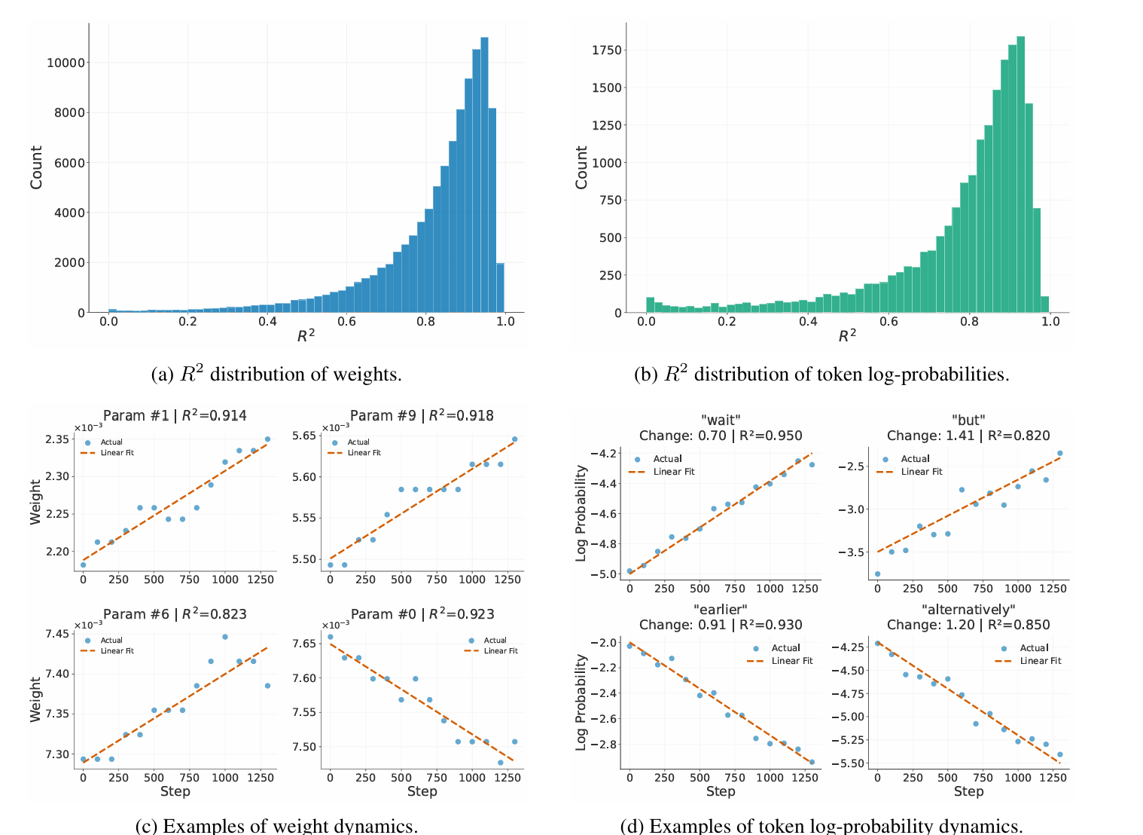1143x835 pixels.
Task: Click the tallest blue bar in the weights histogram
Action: (x=484, y=175)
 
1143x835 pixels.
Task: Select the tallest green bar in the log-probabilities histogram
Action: (x=1020, y=175)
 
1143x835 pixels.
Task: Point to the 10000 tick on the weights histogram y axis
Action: (x=66, y=63)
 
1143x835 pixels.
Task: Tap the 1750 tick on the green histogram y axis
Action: (x=606, y=50)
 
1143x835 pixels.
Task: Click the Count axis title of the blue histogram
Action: (x=36, y=167)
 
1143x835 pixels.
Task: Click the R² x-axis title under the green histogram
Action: (x=847, y=336)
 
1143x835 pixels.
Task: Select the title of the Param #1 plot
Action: (x=175, y=415)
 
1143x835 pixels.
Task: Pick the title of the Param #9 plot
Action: (x=422, y=415)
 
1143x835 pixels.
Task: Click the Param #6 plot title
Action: (x=175, y=614)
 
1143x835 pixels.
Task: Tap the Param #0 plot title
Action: (x=422, y=614)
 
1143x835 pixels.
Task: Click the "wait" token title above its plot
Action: (x=721, y=420)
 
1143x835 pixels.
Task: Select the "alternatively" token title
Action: (x=968, y=609)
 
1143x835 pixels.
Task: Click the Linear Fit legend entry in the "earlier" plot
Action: (x=791, y=661)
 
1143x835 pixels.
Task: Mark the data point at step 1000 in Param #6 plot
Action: (x=224, y=637)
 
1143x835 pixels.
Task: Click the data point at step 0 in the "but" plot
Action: (x=877, y=574)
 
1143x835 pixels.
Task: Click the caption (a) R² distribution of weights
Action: (x=276, y=375)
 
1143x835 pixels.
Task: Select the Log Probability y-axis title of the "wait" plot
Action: (x=581, y=512)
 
